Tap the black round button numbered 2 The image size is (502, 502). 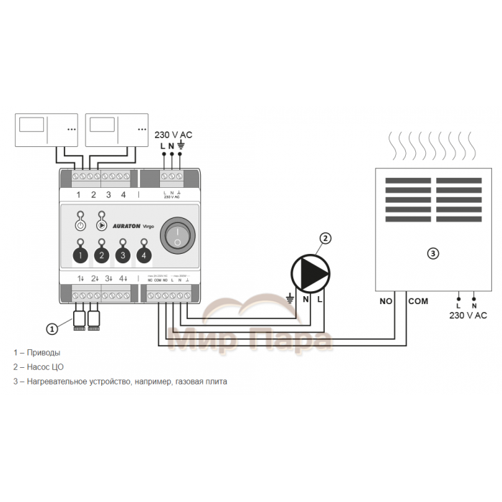(x=102, y=255)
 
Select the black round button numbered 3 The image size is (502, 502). (x=123, y=255)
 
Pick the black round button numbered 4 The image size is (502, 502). (x=144, y=255)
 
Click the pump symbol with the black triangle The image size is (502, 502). (x=311, y=273)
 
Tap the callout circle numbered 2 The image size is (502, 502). (x=326, y=238)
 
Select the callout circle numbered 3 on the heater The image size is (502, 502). (x=432, y=252)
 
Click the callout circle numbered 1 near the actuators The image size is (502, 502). (x=52, y=329)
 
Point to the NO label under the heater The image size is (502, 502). (x=386, y=301)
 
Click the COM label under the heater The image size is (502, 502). (x=418, y=301)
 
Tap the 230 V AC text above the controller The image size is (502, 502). (x=174, y=135)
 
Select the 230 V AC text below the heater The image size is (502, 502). (x=468, y=315)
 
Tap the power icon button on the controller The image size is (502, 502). (x=80, y=224)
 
